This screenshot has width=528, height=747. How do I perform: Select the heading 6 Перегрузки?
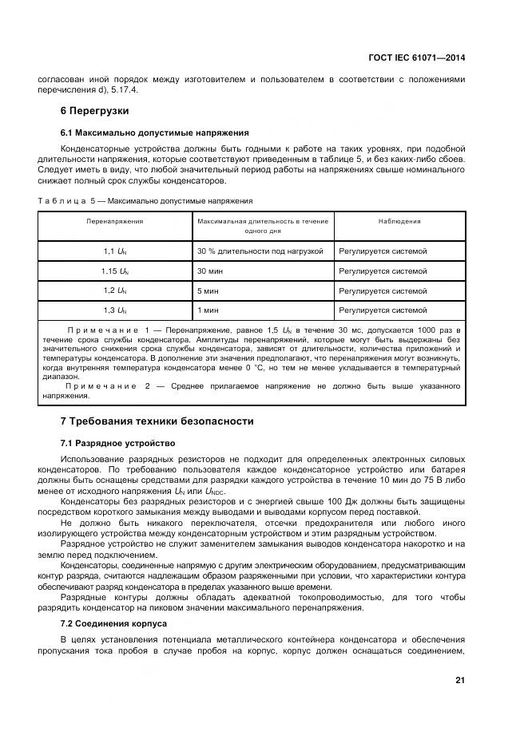pos(95,110)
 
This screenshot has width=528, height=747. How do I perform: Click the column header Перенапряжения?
pos(115,221)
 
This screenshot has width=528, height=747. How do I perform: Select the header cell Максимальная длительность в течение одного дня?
pos(262,226)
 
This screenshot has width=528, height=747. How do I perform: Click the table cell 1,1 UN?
pos(115,251)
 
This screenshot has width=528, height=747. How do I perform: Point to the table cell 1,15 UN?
pos(115,271)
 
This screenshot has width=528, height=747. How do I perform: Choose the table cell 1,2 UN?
pos(115,291)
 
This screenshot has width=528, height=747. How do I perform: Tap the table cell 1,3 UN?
pos(115,310)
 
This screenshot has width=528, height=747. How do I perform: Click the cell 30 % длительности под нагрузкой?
pos(260,251)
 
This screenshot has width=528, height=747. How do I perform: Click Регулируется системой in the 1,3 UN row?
pos(383,310)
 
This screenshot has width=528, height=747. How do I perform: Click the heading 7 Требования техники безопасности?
pos(157,421)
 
